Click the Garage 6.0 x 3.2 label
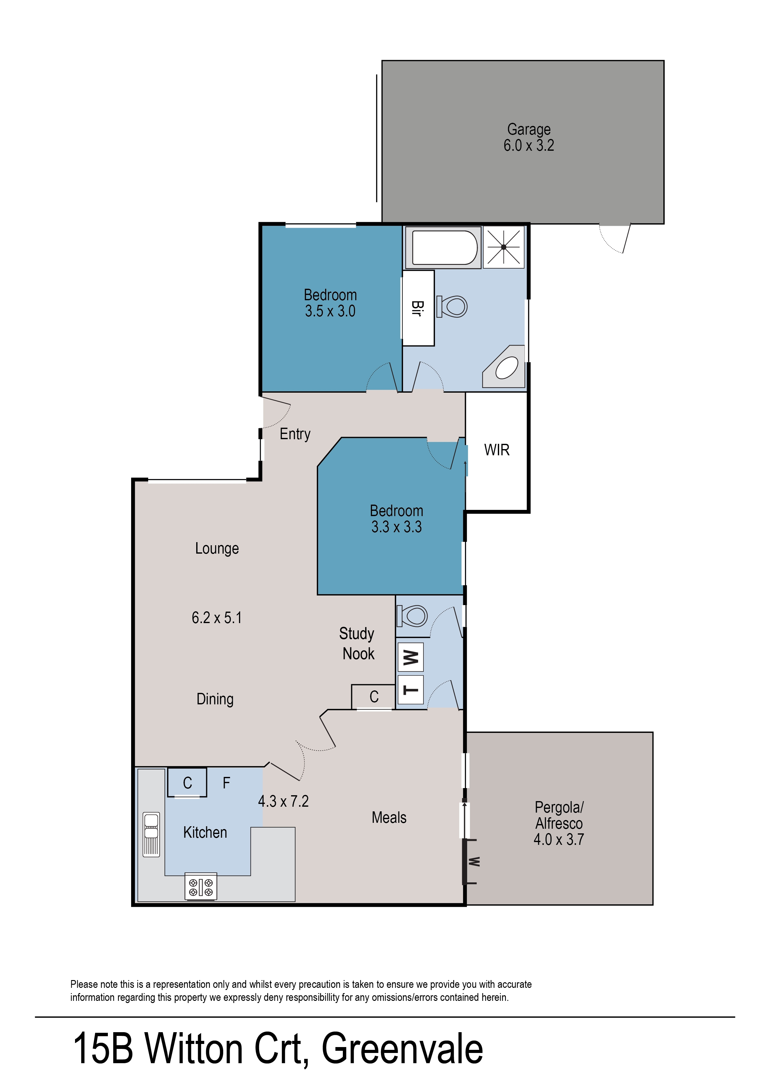pos(529,137)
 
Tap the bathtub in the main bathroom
pos(444,247)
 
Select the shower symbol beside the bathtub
pos(503,247)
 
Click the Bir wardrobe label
pos(417,308)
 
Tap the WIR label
pos(496,450)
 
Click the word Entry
pos(295,434)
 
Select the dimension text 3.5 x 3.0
pos(330,311)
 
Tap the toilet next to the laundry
pos(413,616)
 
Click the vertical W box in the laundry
pos(410,657)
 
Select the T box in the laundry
pos(410,690)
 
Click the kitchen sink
pos(151,835)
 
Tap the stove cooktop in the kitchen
pos(201,886)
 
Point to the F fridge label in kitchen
pos(227,783)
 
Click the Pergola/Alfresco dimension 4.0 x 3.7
pos(559,840)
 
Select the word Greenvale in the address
pos(402,1049)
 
